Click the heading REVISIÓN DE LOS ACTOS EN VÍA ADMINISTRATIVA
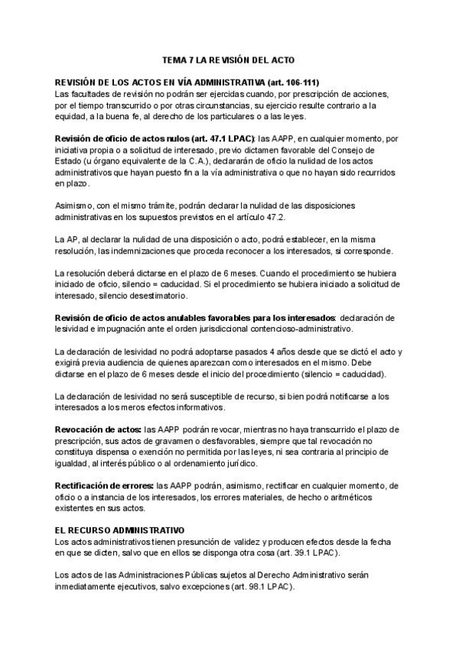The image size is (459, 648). tap(187, 82)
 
